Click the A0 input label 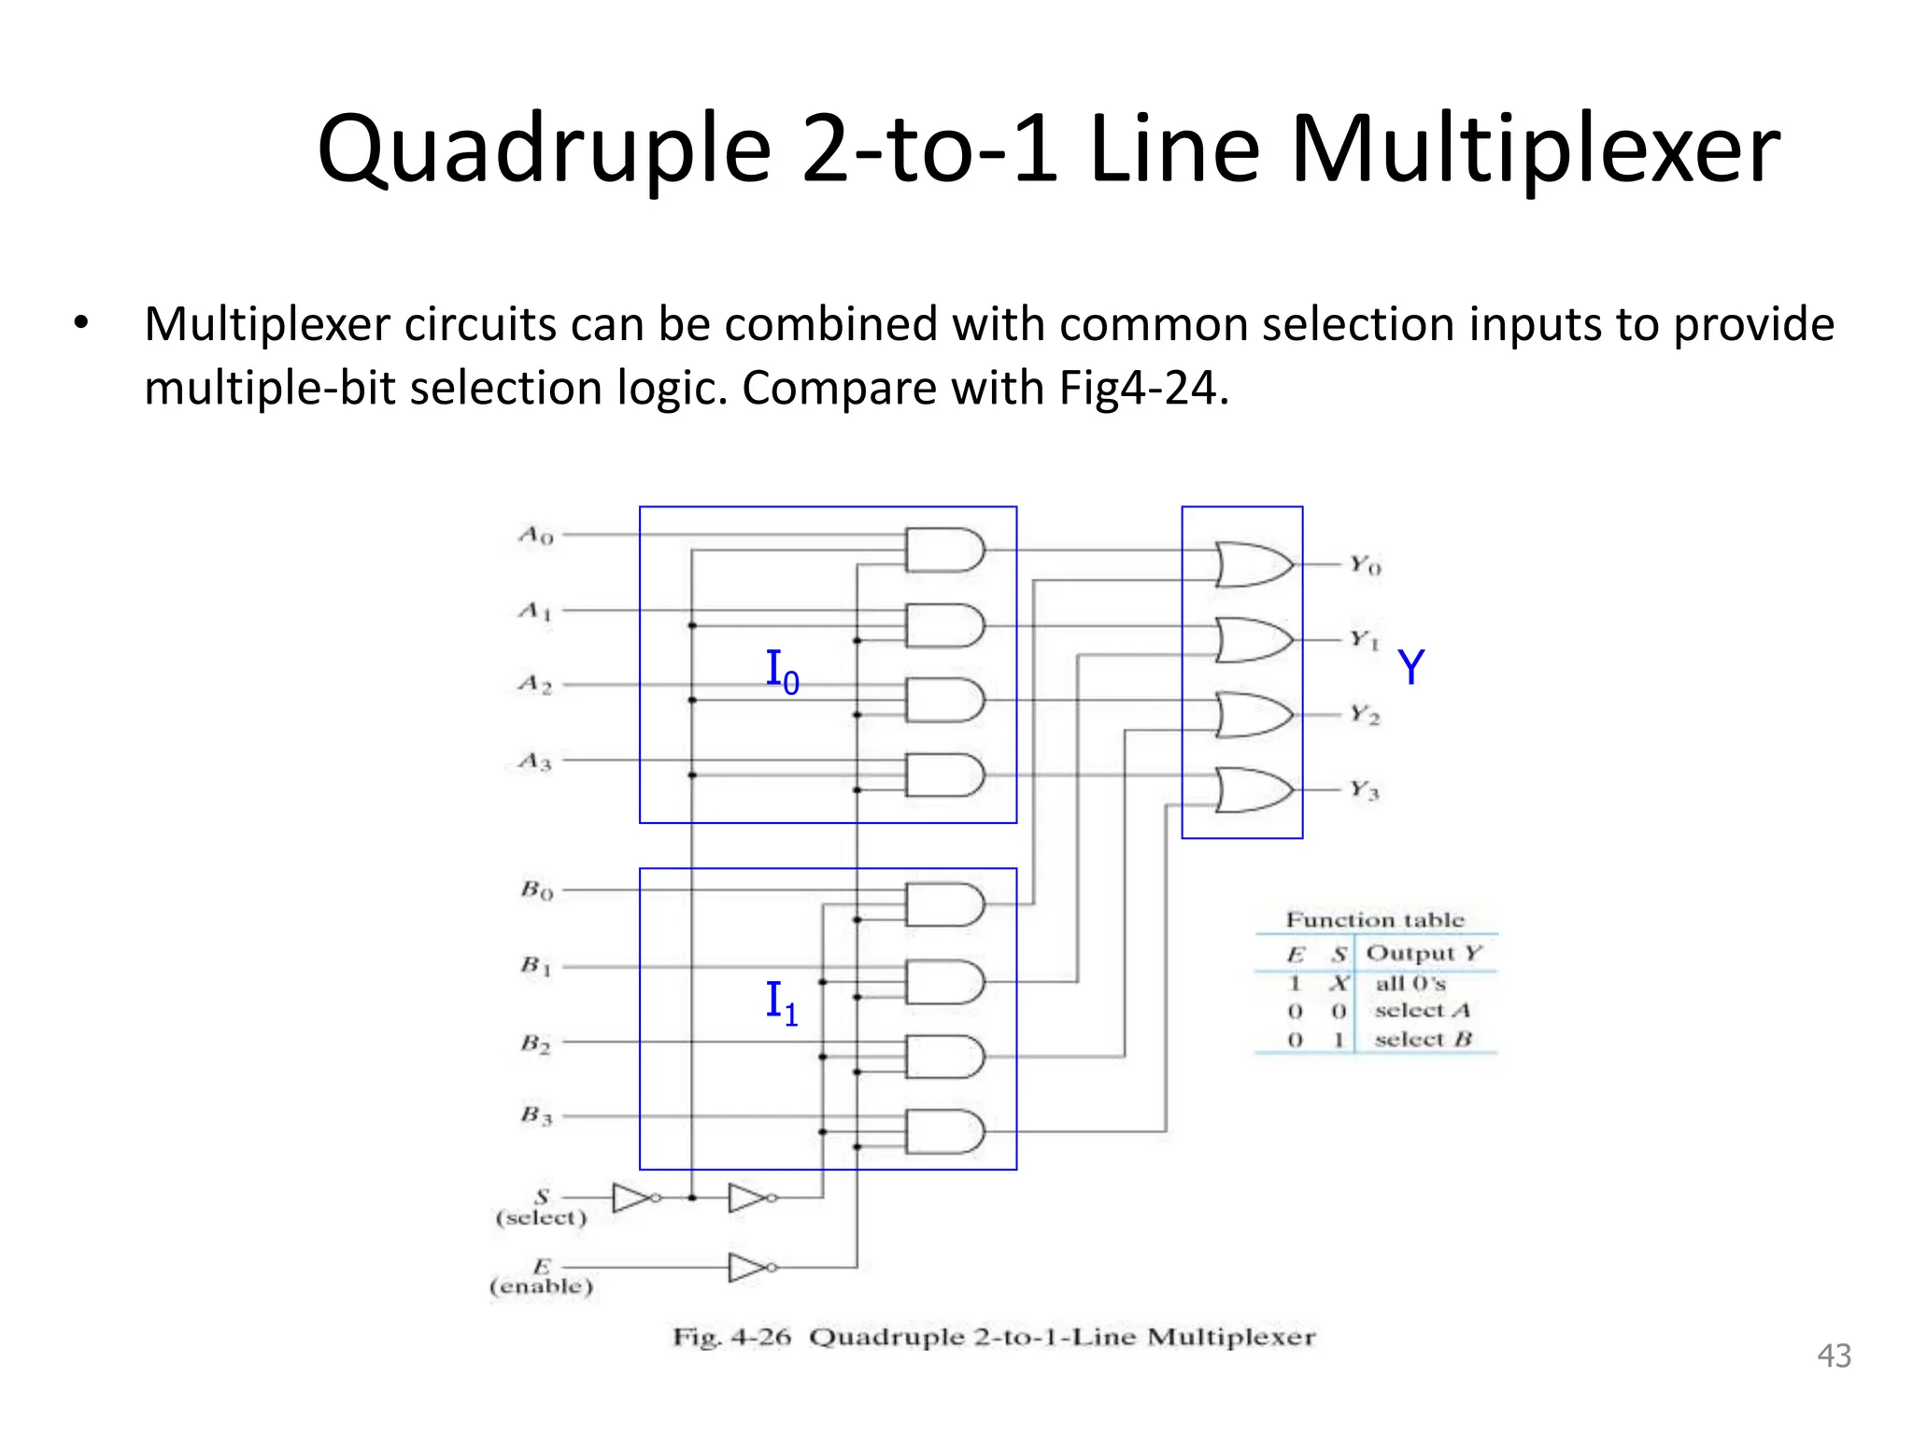pyautogui.click(x=536, y=535)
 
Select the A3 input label pyautogui.click(x=535, y=761)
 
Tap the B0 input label pyautogui.click(x=537, y=889)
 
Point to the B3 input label pyautogui.click(x=537, y=1115)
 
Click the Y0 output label pyautogui.click(x=1365, y=565)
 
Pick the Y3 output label pyautogui.click(x=1365, y=790)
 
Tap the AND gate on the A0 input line pyautogui.click(x=944, y=550)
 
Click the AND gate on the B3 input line pyautogui.click(x=944, y=1131)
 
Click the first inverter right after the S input pyautogui.click(x=634, y=1198)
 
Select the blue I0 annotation pyautogui.click(x=782, y=672)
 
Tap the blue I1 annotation pyautogui.click(x=782, y=1002)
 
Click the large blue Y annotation pyautogui.click(x=1410, y=668)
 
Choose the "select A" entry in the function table pyautogui.click(x=1422, y=1011)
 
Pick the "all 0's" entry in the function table pyautogui.click(x=1410, y=984)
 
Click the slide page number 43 pyautogui.click(x=1834, y=1356)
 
